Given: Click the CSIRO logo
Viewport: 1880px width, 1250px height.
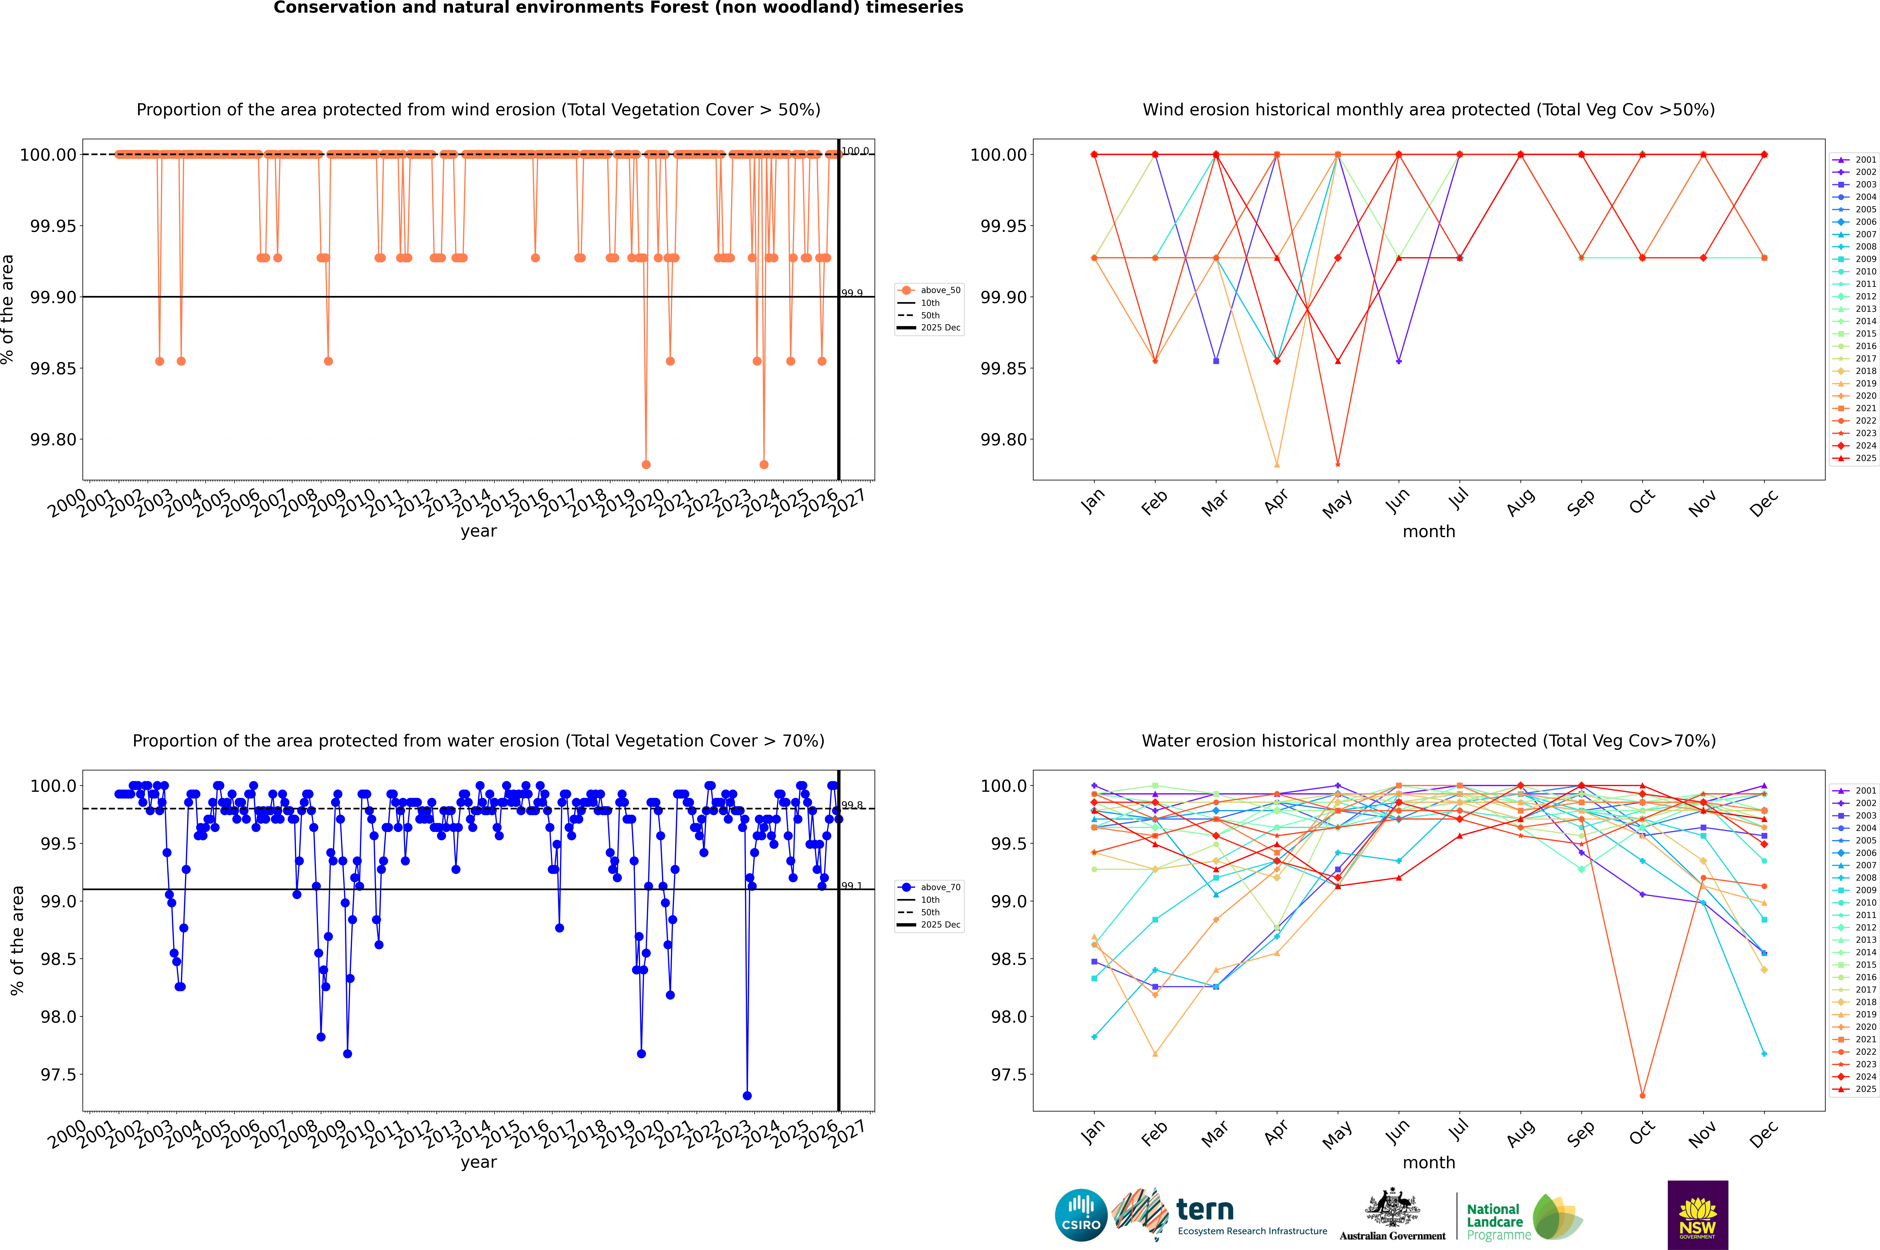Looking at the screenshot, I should point(1081,1215).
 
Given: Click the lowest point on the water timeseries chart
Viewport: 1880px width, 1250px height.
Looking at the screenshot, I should point(747,1096).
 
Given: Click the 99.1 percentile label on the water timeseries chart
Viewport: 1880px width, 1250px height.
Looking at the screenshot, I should point(852,886).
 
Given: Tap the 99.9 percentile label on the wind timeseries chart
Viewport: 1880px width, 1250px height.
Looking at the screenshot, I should point(852,293).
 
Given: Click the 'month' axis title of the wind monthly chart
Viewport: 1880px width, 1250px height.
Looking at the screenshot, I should point(1428,532).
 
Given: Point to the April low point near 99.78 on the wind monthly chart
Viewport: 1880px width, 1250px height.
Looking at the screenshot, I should point(1277,465).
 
